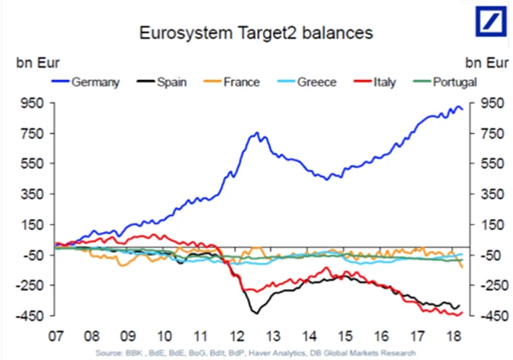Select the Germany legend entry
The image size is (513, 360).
[88, 82]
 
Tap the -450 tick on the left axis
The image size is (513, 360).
[30, 315]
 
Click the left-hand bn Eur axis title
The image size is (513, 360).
[33, 62]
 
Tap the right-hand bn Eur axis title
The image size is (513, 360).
[486, 62]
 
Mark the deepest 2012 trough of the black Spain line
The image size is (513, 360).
[256, 312]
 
